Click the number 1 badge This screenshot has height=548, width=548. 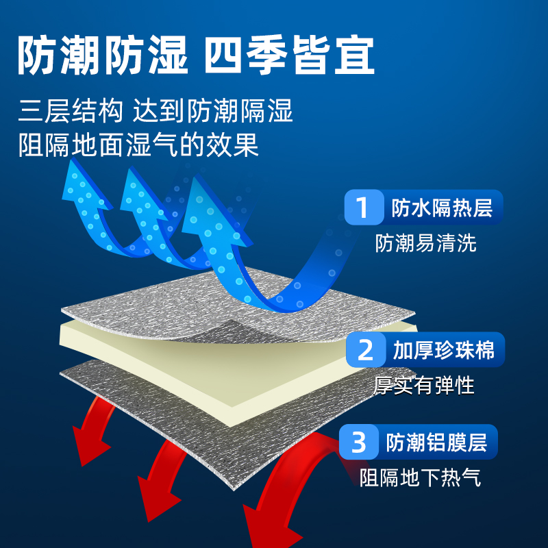[x=362, y=208]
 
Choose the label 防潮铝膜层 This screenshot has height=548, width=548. [x=436, y=443]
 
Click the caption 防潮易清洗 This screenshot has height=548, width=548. [x=425, y=243]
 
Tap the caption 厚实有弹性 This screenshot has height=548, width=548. [x=424, y=386]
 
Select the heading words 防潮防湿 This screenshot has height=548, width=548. [x=102, y=55]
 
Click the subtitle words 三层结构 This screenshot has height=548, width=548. [x=71, y=110]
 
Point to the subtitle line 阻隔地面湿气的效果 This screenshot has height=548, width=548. [x=139, y=145]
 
